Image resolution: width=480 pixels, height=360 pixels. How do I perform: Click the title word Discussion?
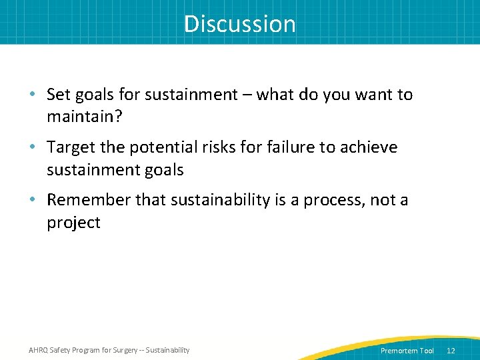click(240, 24)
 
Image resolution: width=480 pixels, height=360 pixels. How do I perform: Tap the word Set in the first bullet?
click(58, 95)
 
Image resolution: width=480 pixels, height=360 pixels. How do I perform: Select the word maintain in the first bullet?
click(76, 117)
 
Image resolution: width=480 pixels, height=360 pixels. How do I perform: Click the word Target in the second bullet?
click(70, 147)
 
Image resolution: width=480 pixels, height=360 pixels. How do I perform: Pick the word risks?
click(223, 147)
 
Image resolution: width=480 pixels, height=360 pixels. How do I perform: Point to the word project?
click(73, 223)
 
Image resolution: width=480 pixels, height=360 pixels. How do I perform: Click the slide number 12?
click(451, 351)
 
